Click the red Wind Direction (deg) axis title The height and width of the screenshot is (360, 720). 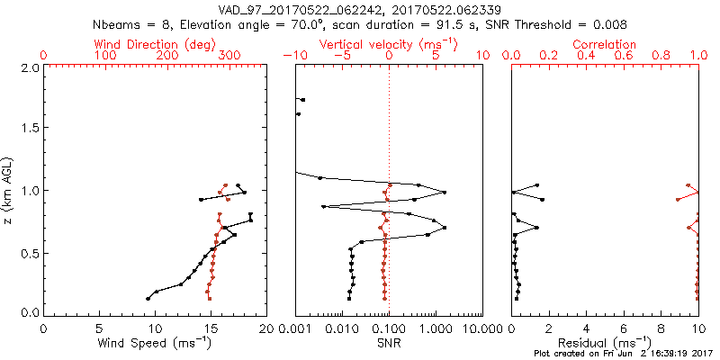(155, 44)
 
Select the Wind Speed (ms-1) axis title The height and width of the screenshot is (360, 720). (155, 343)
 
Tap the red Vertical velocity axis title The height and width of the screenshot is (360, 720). (388, 44)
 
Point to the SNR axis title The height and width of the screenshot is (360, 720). (388, 343)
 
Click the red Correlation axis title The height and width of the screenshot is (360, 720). (605, 44)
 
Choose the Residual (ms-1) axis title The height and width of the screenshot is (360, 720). (605, 343)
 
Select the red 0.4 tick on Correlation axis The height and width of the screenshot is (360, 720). (586, 56)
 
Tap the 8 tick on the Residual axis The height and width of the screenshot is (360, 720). (661, 328)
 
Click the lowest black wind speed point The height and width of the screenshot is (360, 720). (148, 298)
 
